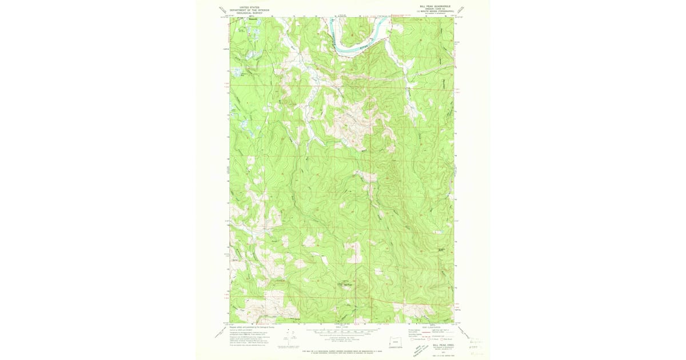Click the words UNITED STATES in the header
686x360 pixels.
click(250, 7)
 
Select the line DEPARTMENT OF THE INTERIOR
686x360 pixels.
click(250, 10)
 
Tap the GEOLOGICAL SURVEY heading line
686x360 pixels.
click(250, 13)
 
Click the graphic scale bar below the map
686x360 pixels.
click(341, 330)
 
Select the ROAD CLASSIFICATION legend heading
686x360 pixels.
click(430, 327)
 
